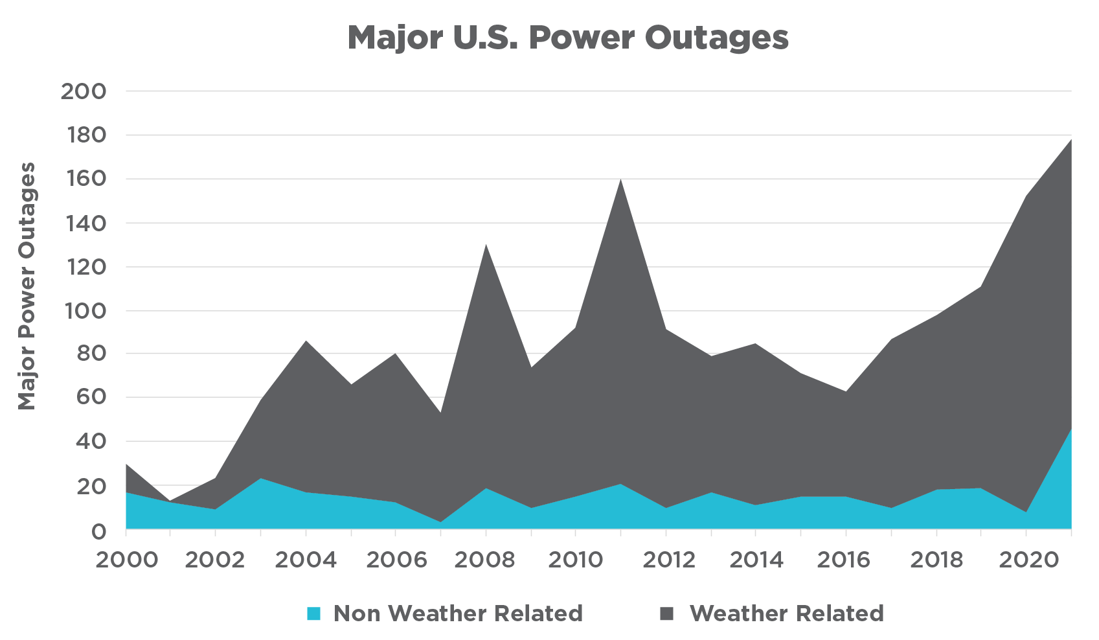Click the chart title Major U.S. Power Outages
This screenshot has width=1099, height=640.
click(x=568, y=38)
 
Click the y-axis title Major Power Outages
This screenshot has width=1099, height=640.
click(x=27, y=286)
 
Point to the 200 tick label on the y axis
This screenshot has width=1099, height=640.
click(x=84, y=91)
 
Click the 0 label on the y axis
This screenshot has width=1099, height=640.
click(x=98, y=531)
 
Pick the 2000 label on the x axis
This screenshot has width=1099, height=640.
click(x=126, y=560)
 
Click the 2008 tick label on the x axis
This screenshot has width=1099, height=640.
click(x=484, y=560)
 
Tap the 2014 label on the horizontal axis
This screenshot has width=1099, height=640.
click(x=756, y=560)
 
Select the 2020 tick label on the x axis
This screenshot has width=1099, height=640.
click(x=1025, y=560)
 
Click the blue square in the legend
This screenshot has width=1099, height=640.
click(x=313, y=613)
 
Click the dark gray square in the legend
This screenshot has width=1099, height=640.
click(x=666, y=613)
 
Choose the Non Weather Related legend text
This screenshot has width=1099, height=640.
click(x=458, y=613)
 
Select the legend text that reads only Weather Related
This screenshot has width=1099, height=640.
click(x=786, y=613)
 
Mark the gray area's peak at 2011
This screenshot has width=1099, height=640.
click(x=621, y=179)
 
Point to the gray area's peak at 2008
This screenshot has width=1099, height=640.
click(x=486, y=245)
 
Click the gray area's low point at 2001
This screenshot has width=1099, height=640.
click(x=170, y=501)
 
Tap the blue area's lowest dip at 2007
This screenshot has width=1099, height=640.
click(x=440, y=521)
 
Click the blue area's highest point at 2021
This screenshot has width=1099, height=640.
click(x=1070, y=429)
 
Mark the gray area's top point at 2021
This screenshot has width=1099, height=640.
click(x=1070, y=140)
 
